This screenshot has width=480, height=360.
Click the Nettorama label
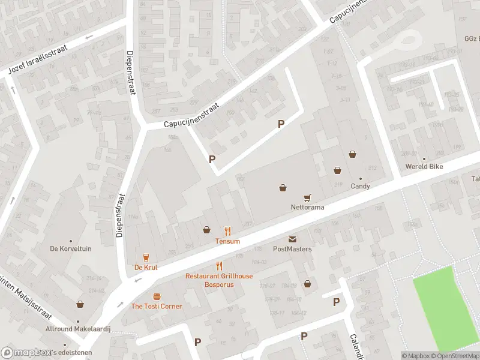(307, 207)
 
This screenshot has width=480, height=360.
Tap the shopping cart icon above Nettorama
(307, 197)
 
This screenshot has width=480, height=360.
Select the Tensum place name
(227, 241)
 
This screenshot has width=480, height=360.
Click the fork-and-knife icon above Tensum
(227, 230)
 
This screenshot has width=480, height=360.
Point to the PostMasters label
(292, 249)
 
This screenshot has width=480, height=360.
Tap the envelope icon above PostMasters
(292, 239)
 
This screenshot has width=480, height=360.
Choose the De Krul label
(145, 268)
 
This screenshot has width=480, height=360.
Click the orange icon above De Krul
(145, 257)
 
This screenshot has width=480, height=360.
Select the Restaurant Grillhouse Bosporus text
(219, 280)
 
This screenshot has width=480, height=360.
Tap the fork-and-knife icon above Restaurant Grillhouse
(219, 266)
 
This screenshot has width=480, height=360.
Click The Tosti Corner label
(157, 307)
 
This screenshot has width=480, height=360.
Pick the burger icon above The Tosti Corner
(157, 296)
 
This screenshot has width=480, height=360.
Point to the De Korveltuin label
(71, 248)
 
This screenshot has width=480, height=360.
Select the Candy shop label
(360, 186)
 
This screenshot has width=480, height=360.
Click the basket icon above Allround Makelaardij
(80, 305)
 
